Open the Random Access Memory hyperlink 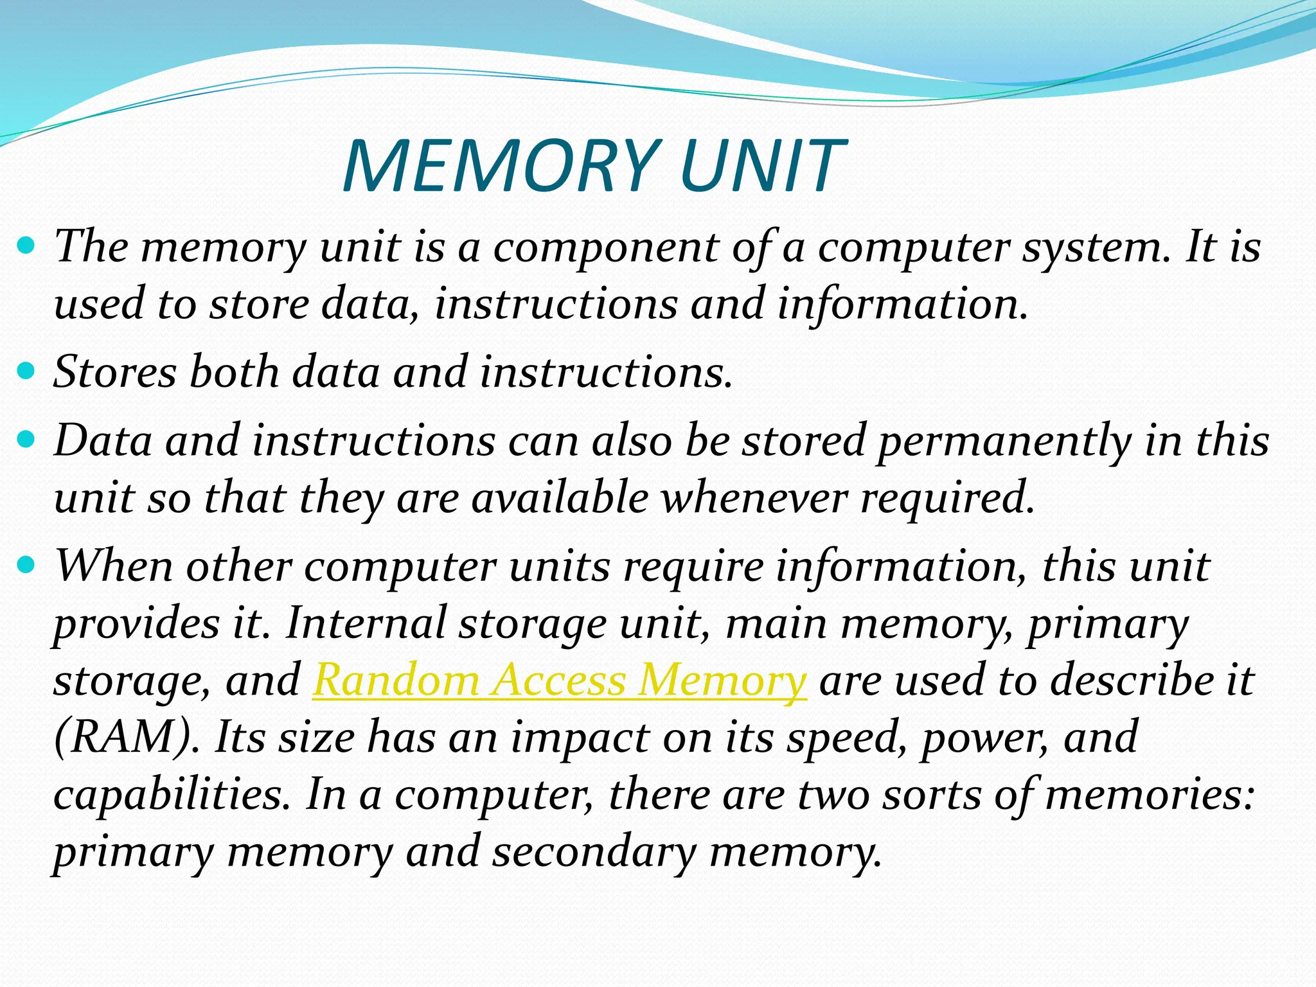coord(559,680)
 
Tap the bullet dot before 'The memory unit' coord(26,245)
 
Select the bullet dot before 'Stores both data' coord(26,371)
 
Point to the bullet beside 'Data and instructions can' coord(26,440)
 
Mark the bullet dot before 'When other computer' coord(26,566)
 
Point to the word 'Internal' coord(366,623)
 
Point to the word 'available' coord(560,498)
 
